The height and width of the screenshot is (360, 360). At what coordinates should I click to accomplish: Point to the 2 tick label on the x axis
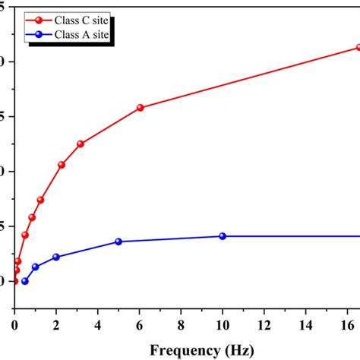(x=56, y=325)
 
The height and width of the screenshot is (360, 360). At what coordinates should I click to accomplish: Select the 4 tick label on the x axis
(x=98, y=325)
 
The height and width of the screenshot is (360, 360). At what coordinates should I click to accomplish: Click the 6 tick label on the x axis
(x=140, y=325)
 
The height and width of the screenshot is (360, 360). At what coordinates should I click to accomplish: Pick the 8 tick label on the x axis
(x=182, y=325)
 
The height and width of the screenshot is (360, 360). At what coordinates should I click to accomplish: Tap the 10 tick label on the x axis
(x=223, y=325)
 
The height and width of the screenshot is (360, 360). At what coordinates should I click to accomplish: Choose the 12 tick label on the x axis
(x=264, y=325)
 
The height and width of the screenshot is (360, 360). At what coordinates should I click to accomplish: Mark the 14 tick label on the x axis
(x=306, y=325)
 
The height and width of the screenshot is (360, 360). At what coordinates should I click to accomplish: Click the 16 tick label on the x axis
(x=347, y=325)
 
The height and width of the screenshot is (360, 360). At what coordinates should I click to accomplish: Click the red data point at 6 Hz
(x=141, y=108)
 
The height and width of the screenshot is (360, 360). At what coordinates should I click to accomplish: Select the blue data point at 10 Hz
(x=223, y=236)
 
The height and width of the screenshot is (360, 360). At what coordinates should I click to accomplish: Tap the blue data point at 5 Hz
(x=118, y=242)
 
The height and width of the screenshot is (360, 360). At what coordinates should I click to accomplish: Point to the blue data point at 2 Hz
(x=56, y=257)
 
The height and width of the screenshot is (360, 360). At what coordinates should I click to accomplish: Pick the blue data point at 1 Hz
(x=35, y=267)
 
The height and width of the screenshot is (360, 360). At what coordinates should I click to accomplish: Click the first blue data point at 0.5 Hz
(x=25, y=281)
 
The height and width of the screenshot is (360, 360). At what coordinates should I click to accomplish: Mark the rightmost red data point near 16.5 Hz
(x=358, y=47)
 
